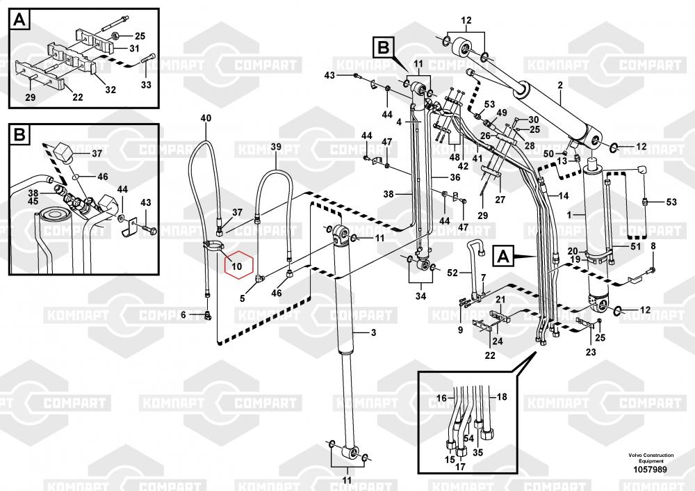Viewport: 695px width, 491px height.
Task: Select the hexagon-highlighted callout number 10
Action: pyautogui.click(x=236, y=265)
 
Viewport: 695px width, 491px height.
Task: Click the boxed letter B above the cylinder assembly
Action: pyautogui.click(x=383, y=48)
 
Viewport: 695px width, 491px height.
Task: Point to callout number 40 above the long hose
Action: pyautogui.click(x=206, y=118)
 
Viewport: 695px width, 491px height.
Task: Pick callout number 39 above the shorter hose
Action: pyautogui.click(x=276, y=146)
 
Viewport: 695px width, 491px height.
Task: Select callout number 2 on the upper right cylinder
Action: pyautogui.click(x=559, y=86)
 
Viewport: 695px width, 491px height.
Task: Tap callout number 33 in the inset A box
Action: pyautogui.click(x=145, y=85)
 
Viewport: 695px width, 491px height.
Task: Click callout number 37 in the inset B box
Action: pyautogui.click(x=97, y=153)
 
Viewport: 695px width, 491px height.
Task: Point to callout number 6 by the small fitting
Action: pyautogui.click(x=184, y=315)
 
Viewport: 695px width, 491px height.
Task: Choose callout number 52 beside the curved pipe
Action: pyautogui.click(x=452, y=273)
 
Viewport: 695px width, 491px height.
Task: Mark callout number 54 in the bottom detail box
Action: pyautogui.click(x=468, y=438)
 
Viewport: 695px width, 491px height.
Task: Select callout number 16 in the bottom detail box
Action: pyautogui.click(x=441, y=398)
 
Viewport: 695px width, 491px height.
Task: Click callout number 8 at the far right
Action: pyautogui.click(x=653, y=246)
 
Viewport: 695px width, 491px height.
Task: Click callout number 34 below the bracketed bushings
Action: pyautogui.click(x=420, y=297)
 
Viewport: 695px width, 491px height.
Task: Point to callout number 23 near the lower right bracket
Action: pyautogui.click(x=591, y=352)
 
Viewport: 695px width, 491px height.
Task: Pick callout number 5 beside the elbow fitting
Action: pyautogui.click(x=243, y=299)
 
